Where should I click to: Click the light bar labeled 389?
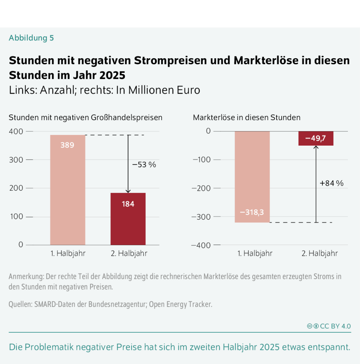pos(68,190)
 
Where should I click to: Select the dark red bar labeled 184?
pos(128,219)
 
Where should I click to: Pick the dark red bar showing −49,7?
pos(315,138)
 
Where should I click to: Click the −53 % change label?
pos(144,165)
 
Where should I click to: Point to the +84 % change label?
pos(331,183)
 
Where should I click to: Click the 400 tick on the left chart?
pos(16,131)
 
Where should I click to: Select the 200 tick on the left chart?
pos(16,188)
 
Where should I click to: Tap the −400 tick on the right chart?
pos(200,245)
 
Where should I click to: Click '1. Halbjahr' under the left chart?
pos(68,254)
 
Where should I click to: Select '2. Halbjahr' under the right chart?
pos(320,254)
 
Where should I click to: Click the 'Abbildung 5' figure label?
pos(31,38)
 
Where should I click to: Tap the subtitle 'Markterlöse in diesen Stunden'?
pos(247,117)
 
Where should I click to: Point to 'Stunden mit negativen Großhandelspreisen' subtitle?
pos(85,117)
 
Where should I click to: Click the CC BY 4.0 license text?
pos(335,326)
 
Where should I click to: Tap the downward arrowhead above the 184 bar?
pos(128,191)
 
